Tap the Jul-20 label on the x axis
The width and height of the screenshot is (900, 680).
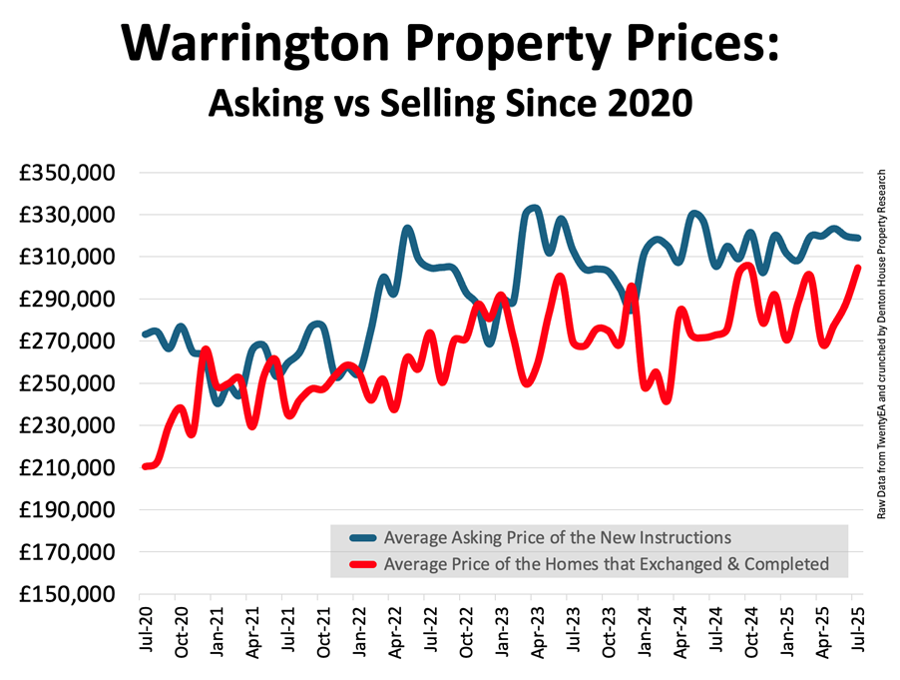[146, 629]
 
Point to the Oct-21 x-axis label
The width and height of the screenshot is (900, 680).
[323, 629]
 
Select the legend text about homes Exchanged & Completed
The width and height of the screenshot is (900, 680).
[606, 564]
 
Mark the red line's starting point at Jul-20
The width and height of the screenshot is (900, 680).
[146, 466]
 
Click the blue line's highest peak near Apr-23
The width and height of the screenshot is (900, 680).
[534, 209]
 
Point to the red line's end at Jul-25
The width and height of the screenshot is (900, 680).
[858, 267]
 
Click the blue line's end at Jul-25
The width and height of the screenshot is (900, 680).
[858, 238]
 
